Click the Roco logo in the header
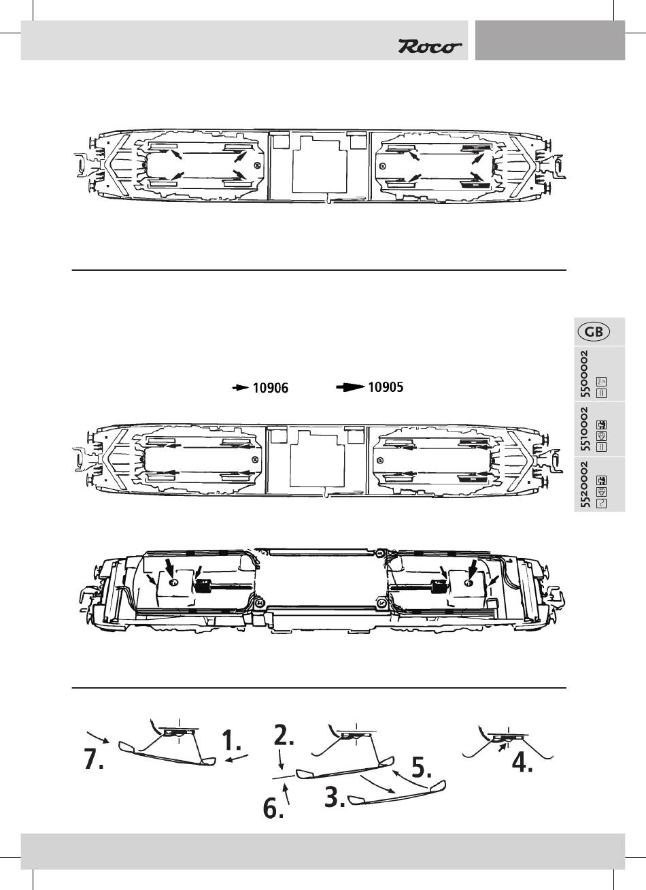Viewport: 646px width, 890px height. coord(430,46)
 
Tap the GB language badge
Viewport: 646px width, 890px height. coord(593,332)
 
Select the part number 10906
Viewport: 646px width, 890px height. coord(271,389)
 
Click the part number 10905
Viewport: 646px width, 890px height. coord(386,387)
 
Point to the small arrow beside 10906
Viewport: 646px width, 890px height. coord(241,388)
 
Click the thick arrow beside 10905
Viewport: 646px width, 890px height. coord(350,387)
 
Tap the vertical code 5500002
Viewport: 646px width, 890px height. coord(585,374)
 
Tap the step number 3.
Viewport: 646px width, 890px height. coord(335,797)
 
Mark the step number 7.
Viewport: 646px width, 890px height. coord(94,759)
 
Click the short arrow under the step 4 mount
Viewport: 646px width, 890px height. coord(502,747)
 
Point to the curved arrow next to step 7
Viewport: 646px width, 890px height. coord(99,736)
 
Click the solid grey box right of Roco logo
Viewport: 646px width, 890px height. coord(549,39)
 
